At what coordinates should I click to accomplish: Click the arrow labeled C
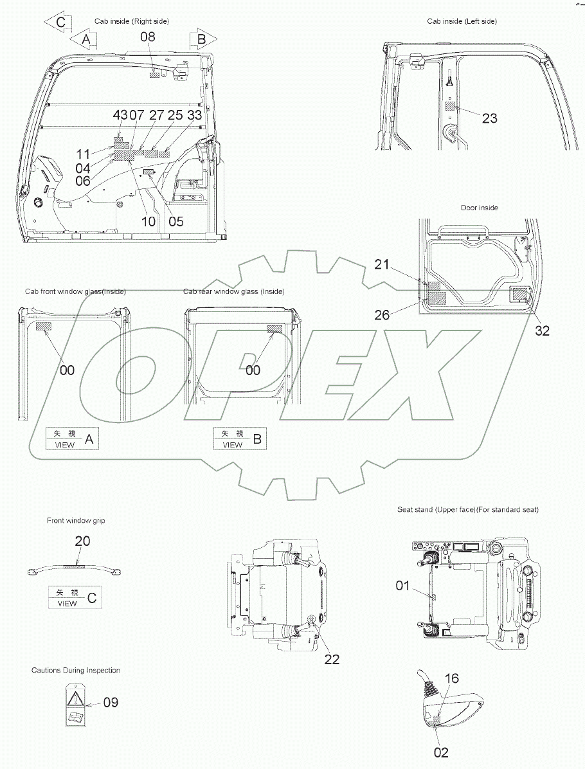tap(58, 23)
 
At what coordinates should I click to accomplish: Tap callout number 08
tap(148, 37)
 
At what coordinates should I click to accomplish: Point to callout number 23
tap(489, 118)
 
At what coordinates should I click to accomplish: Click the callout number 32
tap(542, 331)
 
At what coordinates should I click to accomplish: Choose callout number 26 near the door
tap(382, 315)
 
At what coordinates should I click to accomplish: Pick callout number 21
tap(381, 265)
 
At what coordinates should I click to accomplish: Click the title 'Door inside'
tap(479, 208)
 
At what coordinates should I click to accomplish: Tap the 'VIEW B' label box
tap(240, 439)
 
